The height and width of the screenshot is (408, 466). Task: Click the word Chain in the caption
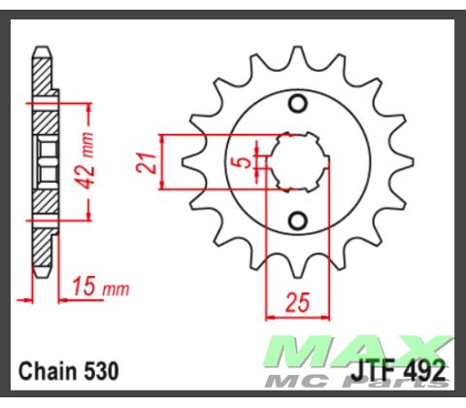(47, 371)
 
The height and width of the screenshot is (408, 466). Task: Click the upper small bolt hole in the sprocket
(299, 104)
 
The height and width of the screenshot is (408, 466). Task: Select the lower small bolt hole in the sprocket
(299, 218)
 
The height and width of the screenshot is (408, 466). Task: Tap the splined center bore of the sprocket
(299, 160)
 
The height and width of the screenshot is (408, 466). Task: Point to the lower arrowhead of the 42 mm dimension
(89, 221)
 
